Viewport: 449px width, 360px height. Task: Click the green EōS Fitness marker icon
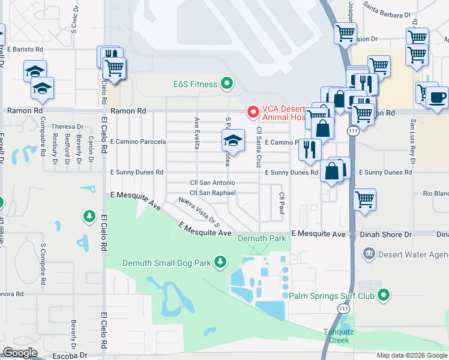(227, 84)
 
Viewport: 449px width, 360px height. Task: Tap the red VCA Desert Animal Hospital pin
(253, 112)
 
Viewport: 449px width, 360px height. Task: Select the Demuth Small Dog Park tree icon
(221, 262)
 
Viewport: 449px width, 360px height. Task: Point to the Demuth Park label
(262, 238)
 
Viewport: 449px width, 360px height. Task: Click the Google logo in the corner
(20, 353)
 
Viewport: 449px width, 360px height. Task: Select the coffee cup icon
(437, 97)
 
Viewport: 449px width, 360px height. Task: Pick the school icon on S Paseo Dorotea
(233, 141)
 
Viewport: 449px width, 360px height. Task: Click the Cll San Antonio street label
(212, 182)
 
